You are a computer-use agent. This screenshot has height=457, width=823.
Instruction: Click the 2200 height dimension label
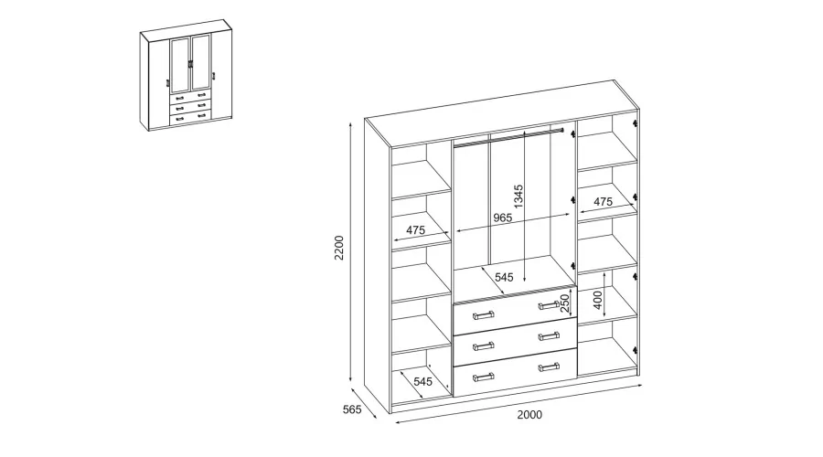point(339,248)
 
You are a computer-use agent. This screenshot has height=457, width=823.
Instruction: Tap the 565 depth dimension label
point(352,409)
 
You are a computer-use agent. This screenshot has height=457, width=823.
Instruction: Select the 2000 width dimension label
point(529,415)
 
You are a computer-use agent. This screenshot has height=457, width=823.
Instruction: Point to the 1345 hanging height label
point(518,197)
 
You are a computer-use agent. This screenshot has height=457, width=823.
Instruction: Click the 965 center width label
point(503,218)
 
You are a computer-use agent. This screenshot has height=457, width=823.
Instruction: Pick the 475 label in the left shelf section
point(415,229)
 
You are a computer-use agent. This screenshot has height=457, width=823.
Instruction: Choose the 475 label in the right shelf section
point(604,201)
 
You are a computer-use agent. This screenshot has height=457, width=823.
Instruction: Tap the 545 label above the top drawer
point(504,277)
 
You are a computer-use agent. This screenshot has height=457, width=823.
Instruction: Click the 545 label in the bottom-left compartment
point(423,381)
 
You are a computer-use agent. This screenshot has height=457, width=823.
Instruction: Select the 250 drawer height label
point(565,303)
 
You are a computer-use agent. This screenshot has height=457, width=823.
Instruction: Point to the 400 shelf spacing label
point(598,300)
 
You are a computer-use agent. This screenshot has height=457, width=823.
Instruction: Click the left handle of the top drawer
point(484,315)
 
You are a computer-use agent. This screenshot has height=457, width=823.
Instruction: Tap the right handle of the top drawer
point(549,305)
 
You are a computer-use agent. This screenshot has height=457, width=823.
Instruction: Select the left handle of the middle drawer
point(484,345)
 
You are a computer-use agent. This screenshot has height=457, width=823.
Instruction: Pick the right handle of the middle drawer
point(549,335)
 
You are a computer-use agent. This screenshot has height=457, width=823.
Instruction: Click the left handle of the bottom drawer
point(484,377)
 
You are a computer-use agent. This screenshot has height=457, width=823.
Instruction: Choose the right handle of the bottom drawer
point(549,367)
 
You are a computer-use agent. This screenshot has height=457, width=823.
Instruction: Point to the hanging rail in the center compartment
point(508,137)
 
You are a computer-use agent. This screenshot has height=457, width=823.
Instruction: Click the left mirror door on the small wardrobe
point(180,66)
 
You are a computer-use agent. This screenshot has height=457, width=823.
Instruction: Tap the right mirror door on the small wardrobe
point(201,63)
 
